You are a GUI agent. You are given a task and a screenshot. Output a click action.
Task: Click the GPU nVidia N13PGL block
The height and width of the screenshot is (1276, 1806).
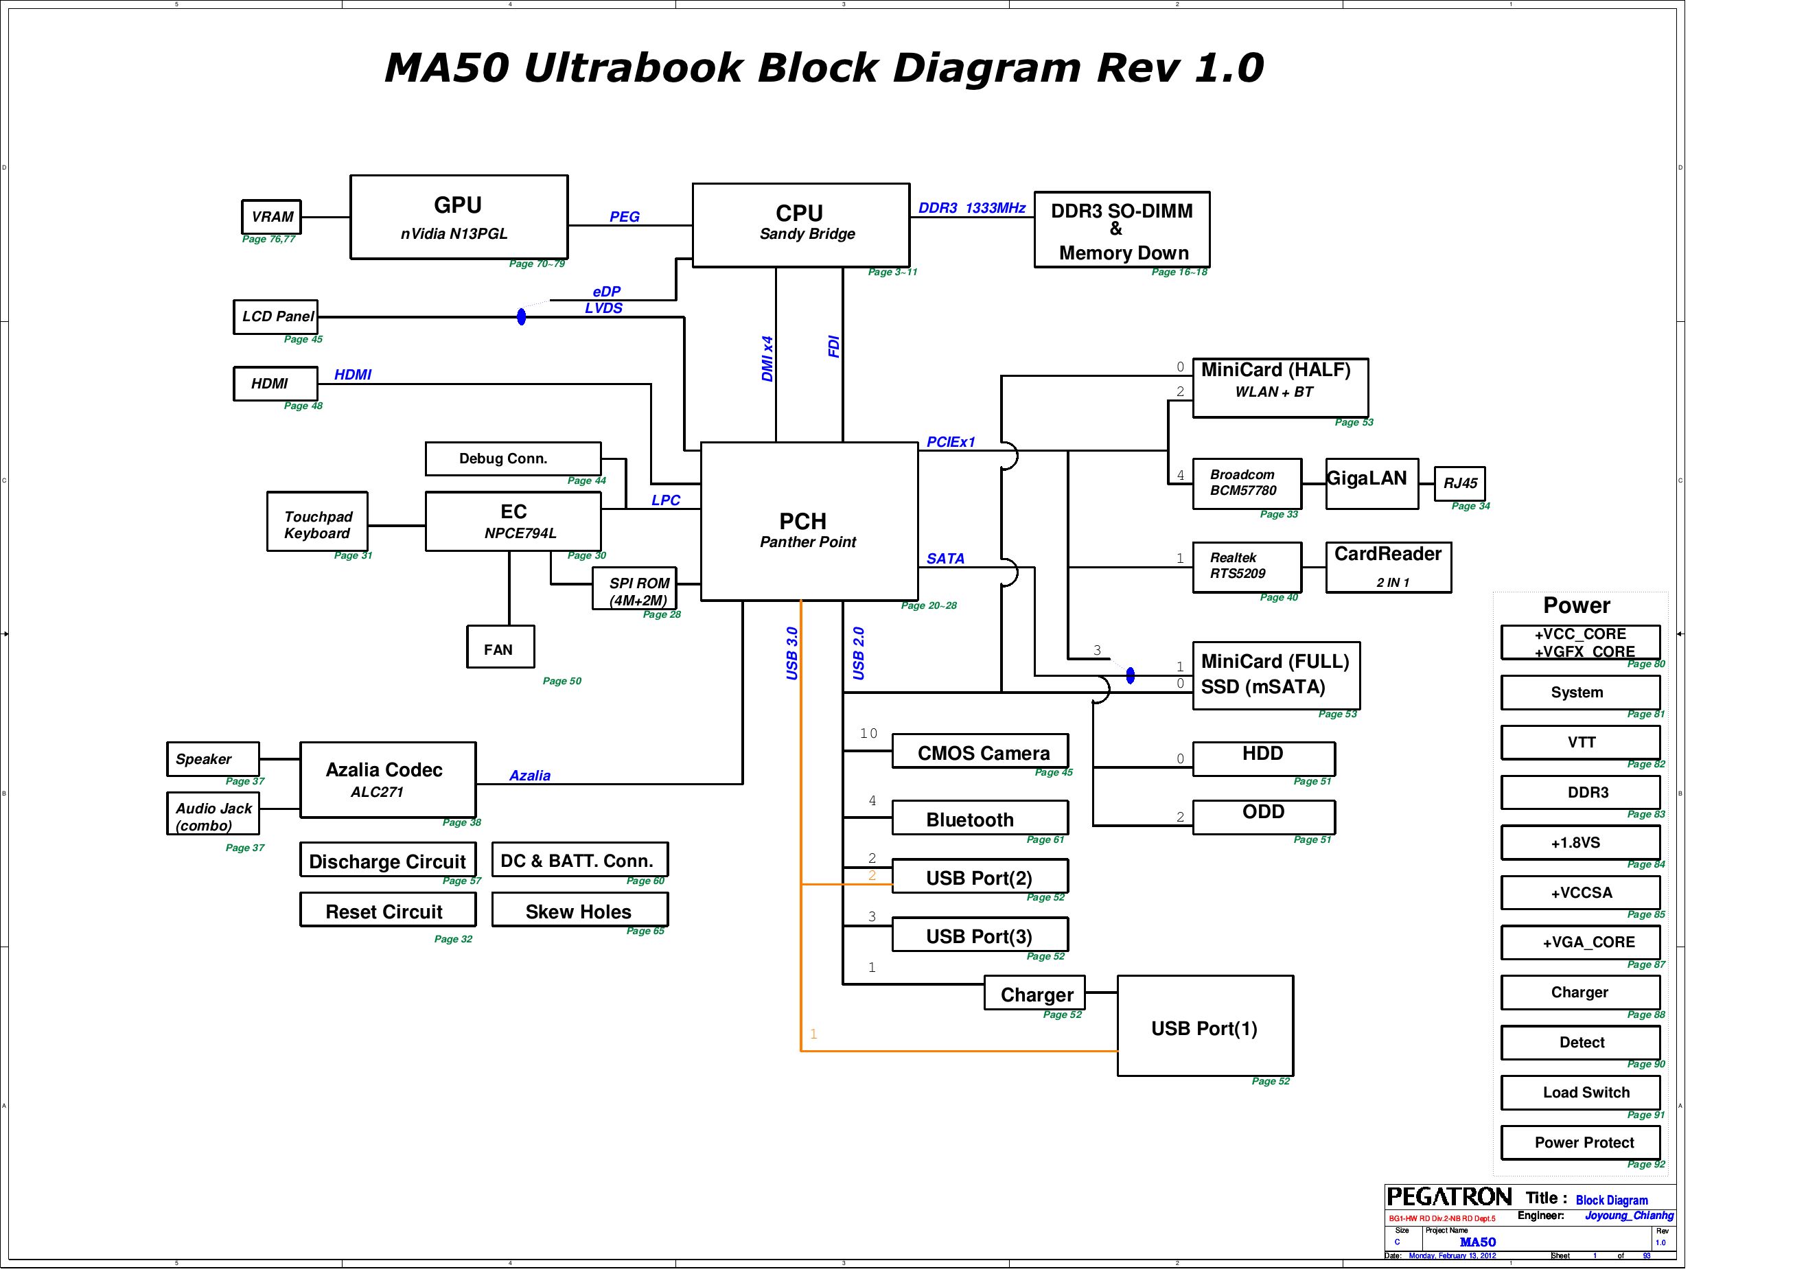459,217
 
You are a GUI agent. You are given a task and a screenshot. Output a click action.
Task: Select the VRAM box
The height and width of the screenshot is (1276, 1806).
271,216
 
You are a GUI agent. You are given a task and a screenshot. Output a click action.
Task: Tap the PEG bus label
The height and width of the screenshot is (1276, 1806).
624,216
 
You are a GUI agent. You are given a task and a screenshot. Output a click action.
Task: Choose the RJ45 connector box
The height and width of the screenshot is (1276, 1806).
1459,483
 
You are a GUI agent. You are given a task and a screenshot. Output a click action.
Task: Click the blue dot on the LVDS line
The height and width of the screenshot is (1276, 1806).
521,317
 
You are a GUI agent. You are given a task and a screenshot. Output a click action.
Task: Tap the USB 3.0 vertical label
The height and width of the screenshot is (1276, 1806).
792,653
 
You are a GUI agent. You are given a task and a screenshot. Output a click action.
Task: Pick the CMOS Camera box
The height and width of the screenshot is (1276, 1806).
980,752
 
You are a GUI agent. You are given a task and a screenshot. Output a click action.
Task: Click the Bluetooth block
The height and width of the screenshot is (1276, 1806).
980,818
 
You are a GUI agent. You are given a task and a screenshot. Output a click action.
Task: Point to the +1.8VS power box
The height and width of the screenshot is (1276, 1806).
1579,842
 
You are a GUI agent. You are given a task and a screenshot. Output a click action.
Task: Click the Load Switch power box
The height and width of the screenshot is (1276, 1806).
1579,1093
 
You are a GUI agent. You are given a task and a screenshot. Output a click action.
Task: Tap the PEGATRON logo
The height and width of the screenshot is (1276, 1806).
1448,1197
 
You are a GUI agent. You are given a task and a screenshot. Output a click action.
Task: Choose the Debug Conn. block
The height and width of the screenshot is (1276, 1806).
513,459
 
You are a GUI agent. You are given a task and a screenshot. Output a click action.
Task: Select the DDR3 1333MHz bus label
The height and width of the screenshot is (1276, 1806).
971,208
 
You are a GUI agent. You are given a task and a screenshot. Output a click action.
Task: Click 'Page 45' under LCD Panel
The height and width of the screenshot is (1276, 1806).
303,339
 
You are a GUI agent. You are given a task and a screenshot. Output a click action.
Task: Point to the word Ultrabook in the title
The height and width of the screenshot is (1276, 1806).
633,68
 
